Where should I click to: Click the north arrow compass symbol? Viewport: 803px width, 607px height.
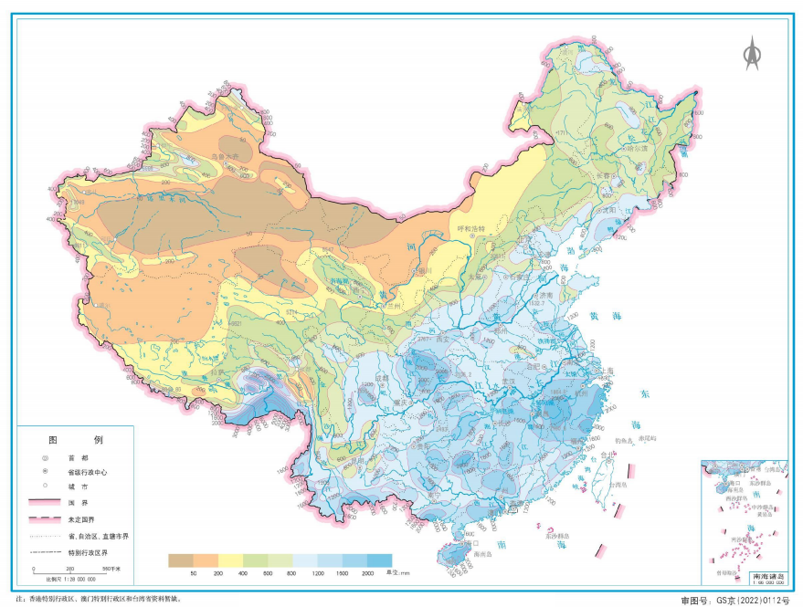pyautogui.click(x=752, y=54)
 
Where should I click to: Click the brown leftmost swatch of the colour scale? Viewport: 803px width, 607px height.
pyautogui.click(x=181, y=560)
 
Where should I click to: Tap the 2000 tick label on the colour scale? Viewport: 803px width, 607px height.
pyautogui.click(x=367, y=573)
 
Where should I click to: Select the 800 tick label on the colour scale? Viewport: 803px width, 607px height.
pyautogui.click(x=293, y=573)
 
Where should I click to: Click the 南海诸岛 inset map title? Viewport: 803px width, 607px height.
pyautogui.click(x=767, y=578)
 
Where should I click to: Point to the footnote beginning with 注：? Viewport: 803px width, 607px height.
pyautogui.click(x=91, y=599)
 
